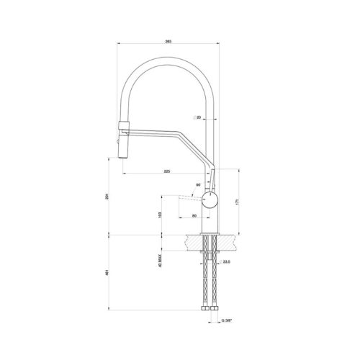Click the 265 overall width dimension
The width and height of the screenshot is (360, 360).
pyautogui.click(x=168, y=42)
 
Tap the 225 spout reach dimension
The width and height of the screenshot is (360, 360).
pyautogui.click(x=166, y=171)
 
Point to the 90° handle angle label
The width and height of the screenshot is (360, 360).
pyautogui.click(x=198, y=186)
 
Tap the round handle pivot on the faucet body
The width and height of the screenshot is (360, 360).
pyautogui.click(x=209, y=199)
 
